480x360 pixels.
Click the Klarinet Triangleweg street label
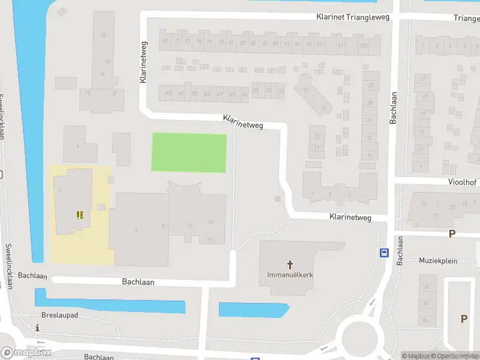tap(353, 17)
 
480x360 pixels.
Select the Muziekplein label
tap(439, 260)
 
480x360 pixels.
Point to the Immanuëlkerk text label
tap(290, 275)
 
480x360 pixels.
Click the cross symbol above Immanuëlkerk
tap(290, 264)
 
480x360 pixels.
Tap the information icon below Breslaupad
tap(38, 328)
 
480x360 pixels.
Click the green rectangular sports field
tap(189, 153)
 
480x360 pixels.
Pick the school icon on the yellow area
tap(79, 214)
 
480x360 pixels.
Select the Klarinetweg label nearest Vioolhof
tap(350, 217)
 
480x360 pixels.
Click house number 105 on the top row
tap(362, 46)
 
